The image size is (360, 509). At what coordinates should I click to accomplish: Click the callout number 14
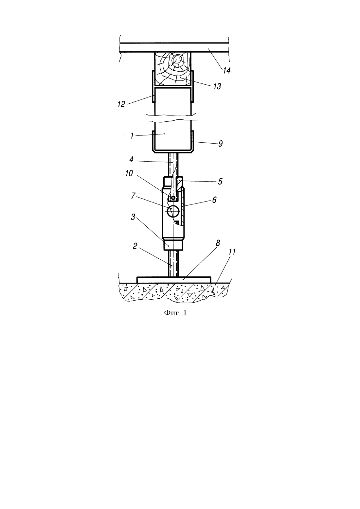tap(226, 71)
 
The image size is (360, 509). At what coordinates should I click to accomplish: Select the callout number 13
tap(217, 86)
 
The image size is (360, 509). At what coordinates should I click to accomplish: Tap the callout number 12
tap(121, 104)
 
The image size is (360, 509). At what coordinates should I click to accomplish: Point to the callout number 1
tap(132, 136)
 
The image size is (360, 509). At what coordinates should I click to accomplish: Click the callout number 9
tap(220, 143)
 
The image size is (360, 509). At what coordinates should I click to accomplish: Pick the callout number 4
tap(131, 160)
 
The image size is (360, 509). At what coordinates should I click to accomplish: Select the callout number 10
tap(129, 173)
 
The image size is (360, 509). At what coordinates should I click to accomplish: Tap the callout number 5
tap(220, 182)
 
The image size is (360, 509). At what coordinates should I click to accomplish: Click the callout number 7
tap(133, 196)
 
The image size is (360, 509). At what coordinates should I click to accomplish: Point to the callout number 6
tap(214, 200)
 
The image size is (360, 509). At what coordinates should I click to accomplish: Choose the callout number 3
tap(133, 217)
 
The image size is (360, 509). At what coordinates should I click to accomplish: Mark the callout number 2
tap(135, 246)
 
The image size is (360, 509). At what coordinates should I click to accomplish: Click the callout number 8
tap(218, 243)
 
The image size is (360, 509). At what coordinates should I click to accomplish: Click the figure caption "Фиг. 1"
tap(175, 313)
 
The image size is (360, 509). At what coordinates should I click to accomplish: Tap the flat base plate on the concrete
tap(174, 280)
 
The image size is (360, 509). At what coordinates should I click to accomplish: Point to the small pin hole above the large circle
tap(173, 198)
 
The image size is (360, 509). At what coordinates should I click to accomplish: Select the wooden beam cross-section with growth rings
tap(173, 69)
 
